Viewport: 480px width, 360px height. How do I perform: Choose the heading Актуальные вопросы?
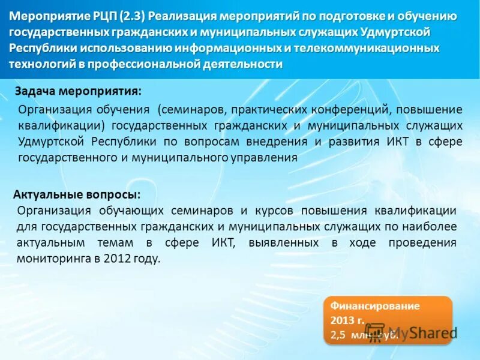point(77,194)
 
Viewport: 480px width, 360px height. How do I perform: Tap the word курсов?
point(274,211)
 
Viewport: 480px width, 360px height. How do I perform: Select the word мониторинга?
point(51,259)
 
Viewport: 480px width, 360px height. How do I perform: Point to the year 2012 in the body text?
point(117,259)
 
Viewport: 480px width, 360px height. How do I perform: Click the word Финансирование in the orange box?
point(374,306)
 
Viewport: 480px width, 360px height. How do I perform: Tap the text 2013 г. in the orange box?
point(344,320)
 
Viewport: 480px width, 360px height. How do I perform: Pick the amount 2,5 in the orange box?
point(338,335)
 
